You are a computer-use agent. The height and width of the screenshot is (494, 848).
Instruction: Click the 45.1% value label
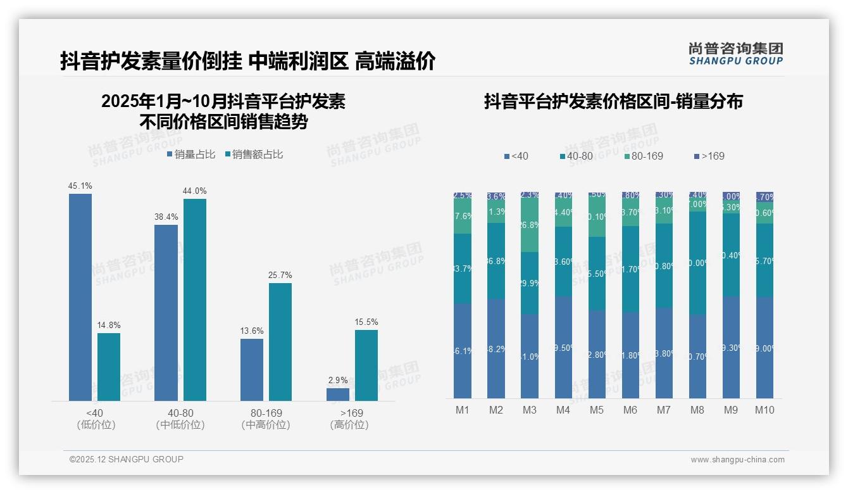(x=80, y=186)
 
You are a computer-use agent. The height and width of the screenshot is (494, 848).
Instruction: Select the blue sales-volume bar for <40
(x=80, y=297)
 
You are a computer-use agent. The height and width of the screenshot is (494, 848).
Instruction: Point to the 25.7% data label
(x=280, y=275)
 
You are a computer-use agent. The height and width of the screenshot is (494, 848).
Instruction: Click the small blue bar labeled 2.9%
(x=338, y=394)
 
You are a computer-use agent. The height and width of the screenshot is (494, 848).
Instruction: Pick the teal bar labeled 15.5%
(x=366, y=365)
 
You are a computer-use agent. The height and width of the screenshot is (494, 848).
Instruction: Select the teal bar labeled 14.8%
(x=109, y=367)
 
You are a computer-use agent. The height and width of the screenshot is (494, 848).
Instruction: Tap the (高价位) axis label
(x=349, y=425)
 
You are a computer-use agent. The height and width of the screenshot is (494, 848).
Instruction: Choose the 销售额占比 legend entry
(x=254, y=155)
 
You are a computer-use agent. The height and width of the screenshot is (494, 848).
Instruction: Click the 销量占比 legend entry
(x=191, y=155)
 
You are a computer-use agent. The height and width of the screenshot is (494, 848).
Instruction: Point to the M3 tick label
(x=530, y=410)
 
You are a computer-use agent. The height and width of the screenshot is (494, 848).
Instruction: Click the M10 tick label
(x=764, y=410)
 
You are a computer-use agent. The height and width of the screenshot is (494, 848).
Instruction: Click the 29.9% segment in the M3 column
(x=530, y=283)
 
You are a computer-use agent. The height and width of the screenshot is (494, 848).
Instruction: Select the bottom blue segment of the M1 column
(x=463, y=351)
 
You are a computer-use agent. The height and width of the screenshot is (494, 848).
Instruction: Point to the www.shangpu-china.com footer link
(x=737, y=460)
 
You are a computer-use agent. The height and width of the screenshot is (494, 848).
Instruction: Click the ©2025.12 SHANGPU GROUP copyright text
(x=127, y=459)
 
